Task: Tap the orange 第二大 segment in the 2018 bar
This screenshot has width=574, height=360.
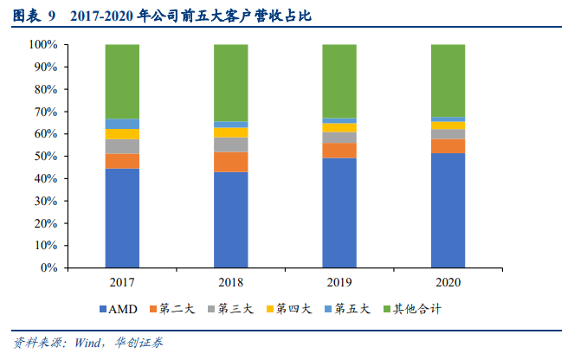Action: click(x=231, y=162)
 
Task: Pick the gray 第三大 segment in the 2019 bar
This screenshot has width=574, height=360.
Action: click(x=339, y=138)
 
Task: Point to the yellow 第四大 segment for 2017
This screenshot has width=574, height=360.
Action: click(x=122, y=134)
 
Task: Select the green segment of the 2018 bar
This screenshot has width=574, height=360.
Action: click(x=231, y=82)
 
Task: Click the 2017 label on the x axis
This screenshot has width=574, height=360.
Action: click(x=122, y=283)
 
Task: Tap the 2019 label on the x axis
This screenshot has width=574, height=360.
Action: click(x=339, y=283)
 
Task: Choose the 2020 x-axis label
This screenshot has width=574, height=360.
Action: click(x=448, y=283)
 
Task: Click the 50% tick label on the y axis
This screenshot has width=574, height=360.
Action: click(x=45, y=157)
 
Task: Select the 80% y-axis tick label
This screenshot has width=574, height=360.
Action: click(x=45, y=89)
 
